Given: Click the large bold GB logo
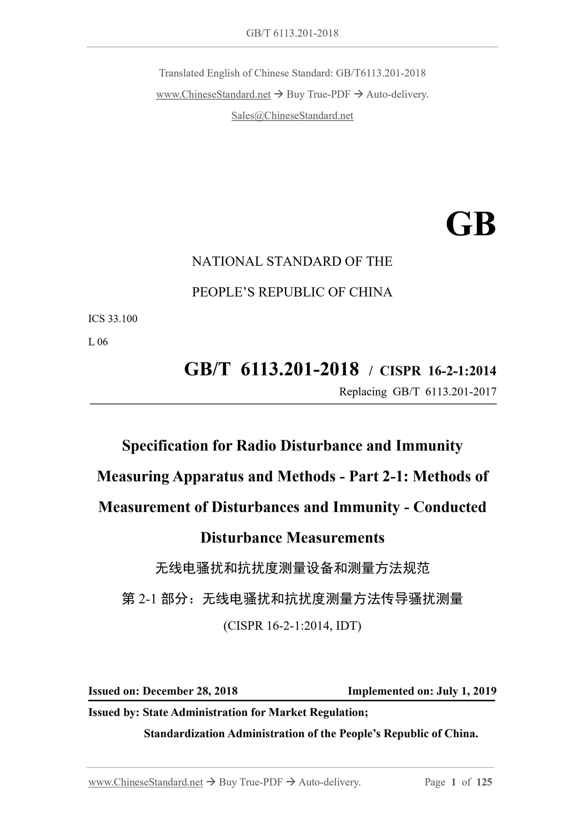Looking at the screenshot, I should [x=470, y=224].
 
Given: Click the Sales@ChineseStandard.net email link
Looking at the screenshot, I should [x=292, y=116].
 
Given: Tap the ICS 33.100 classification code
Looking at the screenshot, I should [x=113, y=319].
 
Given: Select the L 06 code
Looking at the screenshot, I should [x=98, y=342].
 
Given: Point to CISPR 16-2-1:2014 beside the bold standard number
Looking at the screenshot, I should [x=438, y=370].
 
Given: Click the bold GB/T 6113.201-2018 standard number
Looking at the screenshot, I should [x=271, y=369].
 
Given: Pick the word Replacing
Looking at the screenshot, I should [x=363, y=392].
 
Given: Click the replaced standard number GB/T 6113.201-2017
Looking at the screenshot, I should [x=445, y=392].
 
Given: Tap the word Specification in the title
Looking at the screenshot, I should [x=165, y=446].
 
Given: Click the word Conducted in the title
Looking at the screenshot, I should [x=449, y=507].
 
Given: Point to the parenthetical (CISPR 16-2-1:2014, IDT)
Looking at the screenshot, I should [x=292, y=626].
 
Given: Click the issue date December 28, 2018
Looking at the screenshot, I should [x=190, y=691].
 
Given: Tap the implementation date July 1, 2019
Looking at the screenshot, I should [x=466, y=691].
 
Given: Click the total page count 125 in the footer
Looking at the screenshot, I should [x=484, y=782].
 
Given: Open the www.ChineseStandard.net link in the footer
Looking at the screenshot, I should [x=146, y=782].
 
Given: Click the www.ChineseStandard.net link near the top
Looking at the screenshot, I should [x=213, y=95].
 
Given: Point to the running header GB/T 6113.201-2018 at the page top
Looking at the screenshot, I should [x=292, y=33].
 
